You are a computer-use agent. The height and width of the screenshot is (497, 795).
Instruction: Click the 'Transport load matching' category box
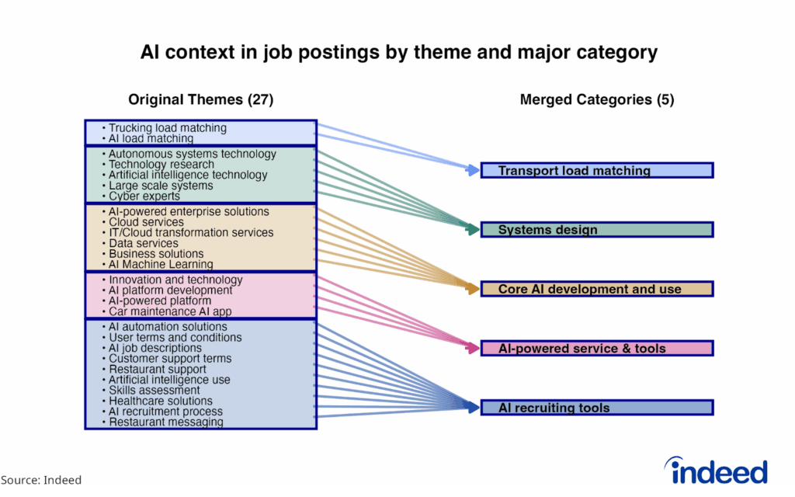(x=596, y=171)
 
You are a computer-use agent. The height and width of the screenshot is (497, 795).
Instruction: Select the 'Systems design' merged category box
(x=596, y=230)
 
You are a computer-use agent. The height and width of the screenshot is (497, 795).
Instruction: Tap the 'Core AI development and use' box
(x=596, y=289)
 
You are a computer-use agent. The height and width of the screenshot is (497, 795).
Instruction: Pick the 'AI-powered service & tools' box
(x=596, y=349)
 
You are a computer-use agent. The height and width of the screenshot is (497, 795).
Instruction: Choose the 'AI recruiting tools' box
(x=596, y=408)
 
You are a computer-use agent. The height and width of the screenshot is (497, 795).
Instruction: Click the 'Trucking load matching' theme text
(x=167, y=128)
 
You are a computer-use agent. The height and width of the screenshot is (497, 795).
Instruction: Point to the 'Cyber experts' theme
(x=144, y=196)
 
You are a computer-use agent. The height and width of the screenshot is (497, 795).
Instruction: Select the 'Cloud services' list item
(x=146, y=222)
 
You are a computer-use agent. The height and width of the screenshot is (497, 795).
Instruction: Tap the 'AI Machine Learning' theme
(x=160, y=264)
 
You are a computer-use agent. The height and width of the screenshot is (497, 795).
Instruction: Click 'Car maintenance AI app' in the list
(x=169, y=311)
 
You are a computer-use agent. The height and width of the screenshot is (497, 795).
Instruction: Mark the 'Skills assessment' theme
(x=154, y=391)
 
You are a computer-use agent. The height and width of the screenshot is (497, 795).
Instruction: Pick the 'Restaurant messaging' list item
(x=165, y=422)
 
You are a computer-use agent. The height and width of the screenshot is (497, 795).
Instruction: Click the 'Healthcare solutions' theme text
(x=160, y=401)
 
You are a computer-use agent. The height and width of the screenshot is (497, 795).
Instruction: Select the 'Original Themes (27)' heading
(x=200, y=99)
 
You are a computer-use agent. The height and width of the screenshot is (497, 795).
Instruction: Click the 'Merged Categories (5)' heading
(x=596, y=99)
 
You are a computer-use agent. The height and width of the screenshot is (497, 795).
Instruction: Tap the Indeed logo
(x=715, y=471)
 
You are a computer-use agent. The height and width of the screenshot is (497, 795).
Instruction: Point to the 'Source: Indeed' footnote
(x=40, y=480)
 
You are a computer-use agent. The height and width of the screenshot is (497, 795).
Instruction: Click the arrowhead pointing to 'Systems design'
(x=472, y=230)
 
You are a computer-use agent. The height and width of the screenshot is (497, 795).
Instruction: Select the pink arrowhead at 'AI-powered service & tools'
(x=472, y=349)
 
